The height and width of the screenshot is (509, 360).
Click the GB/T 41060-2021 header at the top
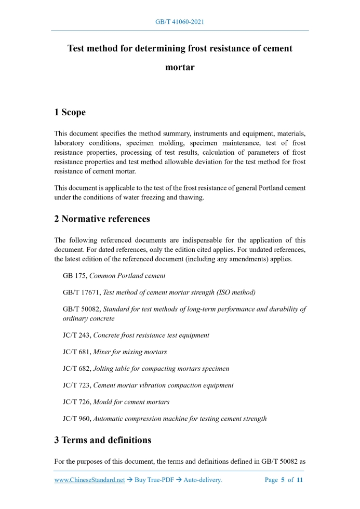180,22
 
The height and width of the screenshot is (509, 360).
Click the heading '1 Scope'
70,112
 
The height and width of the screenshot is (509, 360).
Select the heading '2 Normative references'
102,219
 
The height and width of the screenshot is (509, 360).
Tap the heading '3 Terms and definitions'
103,440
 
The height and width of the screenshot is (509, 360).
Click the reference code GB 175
74,276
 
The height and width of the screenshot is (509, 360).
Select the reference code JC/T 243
77,335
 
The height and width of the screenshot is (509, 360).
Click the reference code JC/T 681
77,352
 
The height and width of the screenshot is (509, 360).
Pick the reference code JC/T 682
77,368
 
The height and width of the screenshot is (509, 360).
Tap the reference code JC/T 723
77,385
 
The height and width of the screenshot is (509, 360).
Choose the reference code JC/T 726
77,401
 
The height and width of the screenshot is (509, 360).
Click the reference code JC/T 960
77,418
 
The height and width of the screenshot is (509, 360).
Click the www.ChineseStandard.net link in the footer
89,480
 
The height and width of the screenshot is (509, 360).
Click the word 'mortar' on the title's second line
180,67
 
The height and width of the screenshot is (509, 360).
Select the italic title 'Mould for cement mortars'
131,401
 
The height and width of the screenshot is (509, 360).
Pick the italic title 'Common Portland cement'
128,276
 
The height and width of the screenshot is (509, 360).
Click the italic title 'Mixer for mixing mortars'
130,352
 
